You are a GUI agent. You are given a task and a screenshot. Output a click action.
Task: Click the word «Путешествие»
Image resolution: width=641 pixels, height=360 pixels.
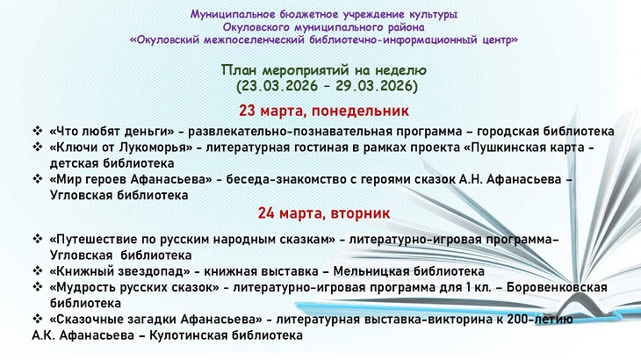tap(97, 239)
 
